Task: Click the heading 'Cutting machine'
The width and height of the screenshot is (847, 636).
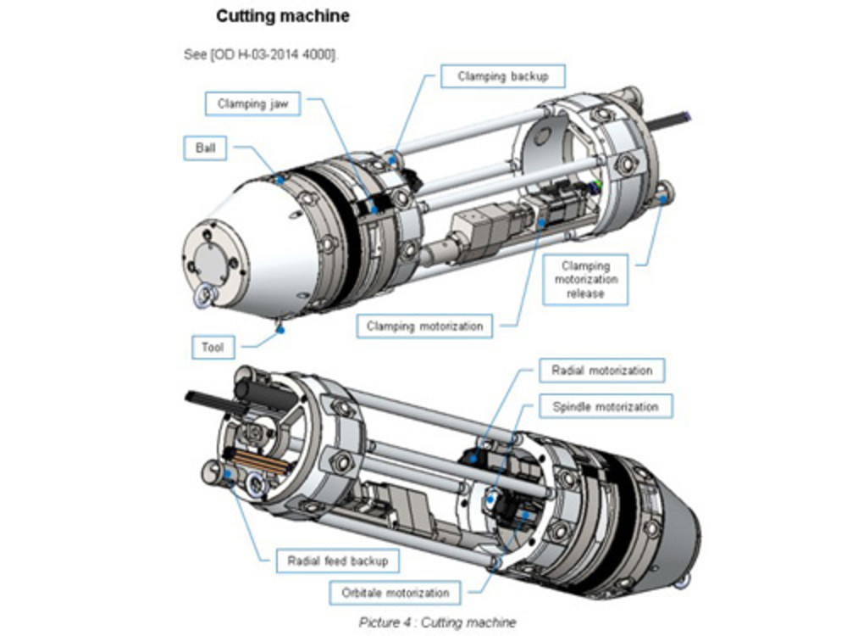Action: click(x=282, y=16)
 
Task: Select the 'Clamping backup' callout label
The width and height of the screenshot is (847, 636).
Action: click(x=502, y=76)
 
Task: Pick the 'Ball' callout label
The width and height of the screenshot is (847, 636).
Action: click(x=206, y=148)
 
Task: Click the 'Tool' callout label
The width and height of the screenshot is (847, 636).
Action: click(x=212, y=347)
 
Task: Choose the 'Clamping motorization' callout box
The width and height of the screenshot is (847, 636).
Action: click(x=424, y=326)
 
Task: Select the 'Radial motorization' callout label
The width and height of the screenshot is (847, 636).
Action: click(x=601, y=371)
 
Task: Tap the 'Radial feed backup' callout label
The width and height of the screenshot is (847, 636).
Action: click(x=337, y=561)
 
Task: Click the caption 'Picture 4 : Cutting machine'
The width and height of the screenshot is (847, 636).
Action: click(x=437, y=622)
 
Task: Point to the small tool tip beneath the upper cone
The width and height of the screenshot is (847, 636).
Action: click(x=279, y=325)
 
